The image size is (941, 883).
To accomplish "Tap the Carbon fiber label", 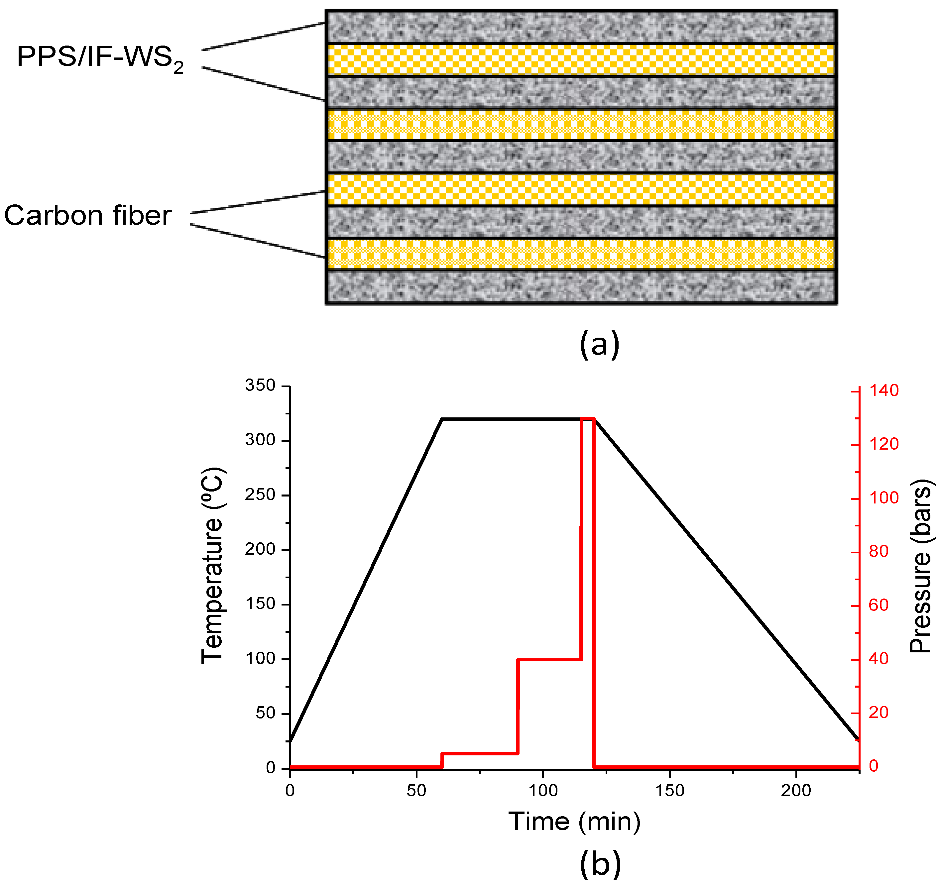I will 87,216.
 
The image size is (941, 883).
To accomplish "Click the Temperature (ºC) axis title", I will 212,566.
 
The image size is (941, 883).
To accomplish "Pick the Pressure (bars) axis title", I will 921,567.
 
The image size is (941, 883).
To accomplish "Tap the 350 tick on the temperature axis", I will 260,386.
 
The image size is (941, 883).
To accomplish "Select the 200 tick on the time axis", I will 796,791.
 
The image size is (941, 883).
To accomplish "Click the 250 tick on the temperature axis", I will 260,495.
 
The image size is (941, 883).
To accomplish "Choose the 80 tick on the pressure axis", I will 879,551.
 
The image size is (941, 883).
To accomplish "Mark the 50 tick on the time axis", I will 416,791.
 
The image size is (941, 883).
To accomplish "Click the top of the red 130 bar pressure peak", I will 587,418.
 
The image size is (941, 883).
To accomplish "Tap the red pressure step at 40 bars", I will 549,659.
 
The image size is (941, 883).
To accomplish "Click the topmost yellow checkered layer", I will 581,59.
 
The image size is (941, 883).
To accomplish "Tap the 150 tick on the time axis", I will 670,791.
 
